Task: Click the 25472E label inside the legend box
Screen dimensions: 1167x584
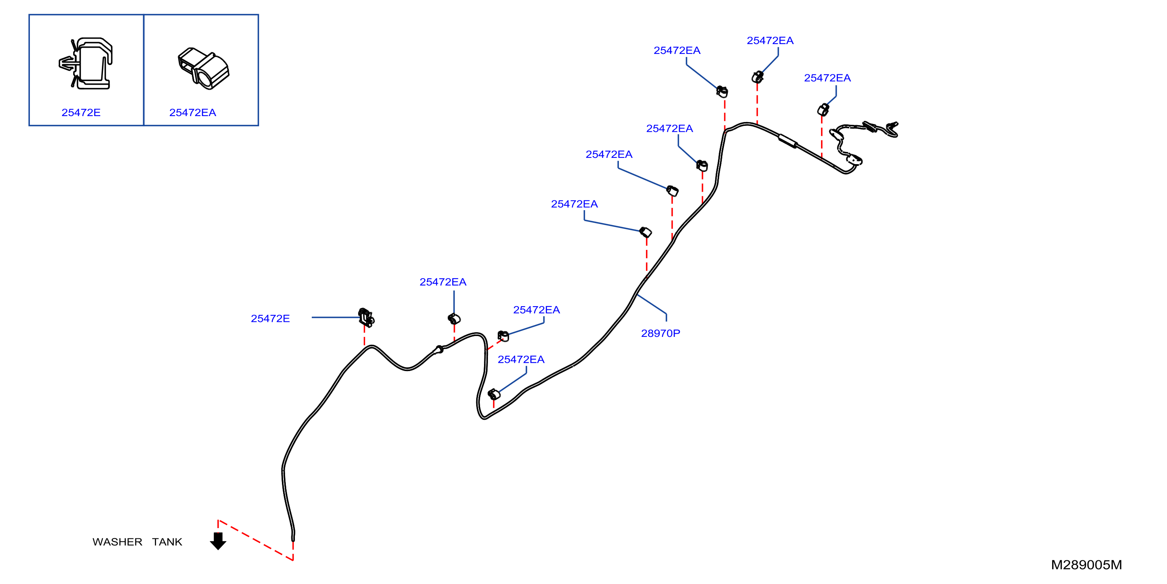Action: click(81, 113)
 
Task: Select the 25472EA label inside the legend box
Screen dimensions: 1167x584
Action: click(193, 113)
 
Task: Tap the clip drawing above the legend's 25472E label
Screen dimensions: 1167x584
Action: click(86, 63)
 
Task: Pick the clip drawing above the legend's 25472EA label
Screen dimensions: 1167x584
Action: click(203, 68)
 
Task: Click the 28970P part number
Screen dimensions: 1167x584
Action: click(661, 333)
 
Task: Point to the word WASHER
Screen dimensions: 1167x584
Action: click(117, 542)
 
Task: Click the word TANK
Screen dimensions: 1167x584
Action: click(167, 542)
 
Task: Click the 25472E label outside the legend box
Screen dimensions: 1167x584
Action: click(271, 319)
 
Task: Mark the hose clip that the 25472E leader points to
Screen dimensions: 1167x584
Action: click(366, 318)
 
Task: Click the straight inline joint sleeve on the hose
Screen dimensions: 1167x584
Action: click(788, 141)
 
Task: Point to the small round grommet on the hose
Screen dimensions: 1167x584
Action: click(438, 349)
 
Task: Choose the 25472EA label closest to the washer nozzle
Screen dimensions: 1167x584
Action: click(827, 78)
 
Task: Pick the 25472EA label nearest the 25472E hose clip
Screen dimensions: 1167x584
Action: click(443, 282)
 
